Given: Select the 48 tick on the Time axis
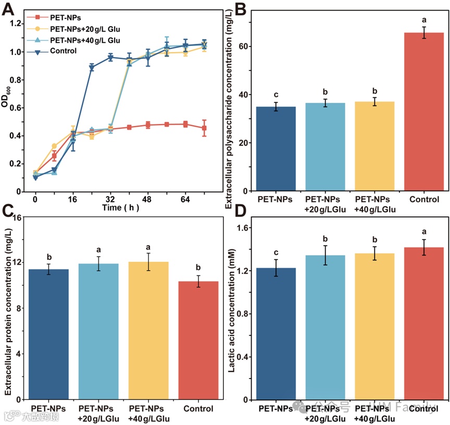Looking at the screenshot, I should [148, 199].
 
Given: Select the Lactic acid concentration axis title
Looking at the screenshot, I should [232, 313].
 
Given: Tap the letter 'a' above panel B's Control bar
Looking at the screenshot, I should [424, 20].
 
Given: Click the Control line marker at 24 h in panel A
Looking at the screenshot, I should [92, 68].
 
